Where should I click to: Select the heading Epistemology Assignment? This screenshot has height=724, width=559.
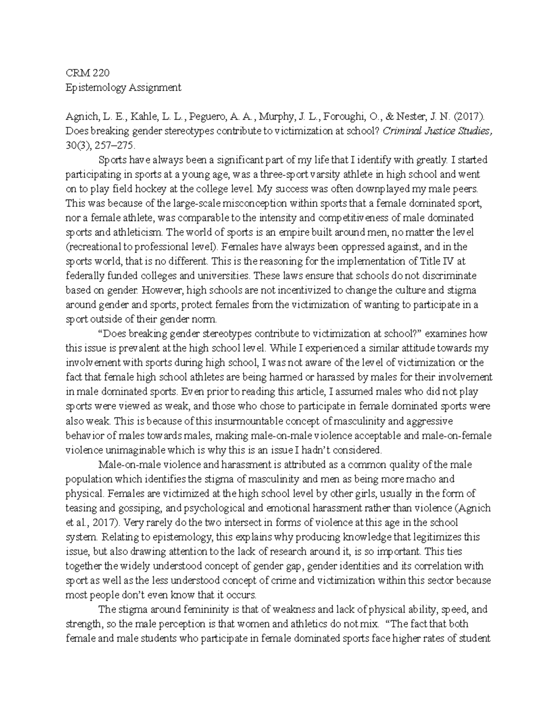123,87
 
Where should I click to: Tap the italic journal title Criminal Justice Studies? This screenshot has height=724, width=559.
437,131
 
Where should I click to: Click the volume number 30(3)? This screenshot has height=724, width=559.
78,145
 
